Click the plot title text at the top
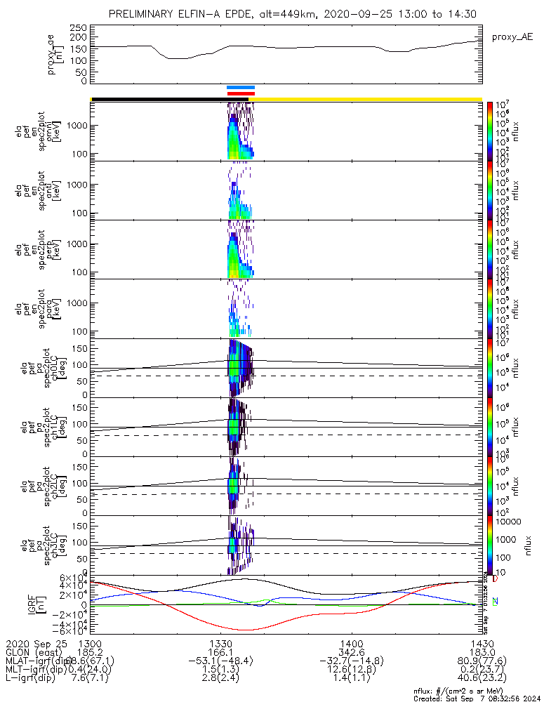(287, 14)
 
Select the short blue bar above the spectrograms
(241, 88)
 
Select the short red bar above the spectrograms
(241, 93)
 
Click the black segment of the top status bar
(159, 99)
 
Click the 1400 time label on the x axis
(351, 643)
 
